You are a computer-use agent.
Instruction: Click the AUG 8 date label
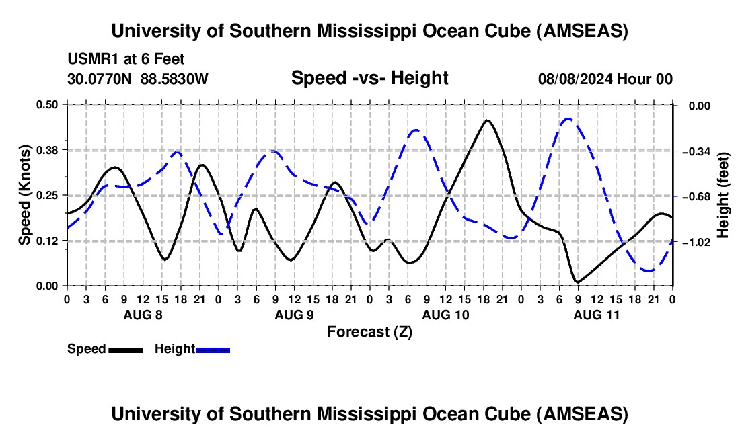pos(143,315)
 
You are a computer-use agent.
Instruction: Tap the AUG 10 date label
pos(445,315)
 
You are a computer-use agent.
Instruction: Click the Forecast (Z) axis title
pos(369,331)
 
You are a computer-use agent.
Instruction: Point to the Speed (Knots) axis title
pos(25,195)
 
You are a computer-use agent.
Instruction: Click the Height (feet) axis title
pos(724,195)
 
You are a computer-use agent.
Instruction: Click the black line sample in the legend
pos(125,350)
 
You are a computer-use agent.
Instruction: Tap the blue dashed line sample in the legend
pos(213,350)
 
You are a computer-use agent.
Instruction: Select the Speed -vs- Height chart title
pos(369,78)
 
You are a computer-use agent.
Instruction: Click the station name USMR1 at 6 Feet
pos(126,59)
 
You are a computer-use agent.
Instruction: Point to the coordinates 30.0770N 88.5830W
pos(138,79)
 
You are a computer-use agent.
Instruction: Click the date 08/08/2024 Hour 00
pos(605,79)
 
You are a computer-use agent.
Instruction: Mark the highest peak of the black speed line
pos(487,120)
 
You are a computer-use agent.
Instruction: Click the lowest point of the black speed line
pos(577,282)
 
